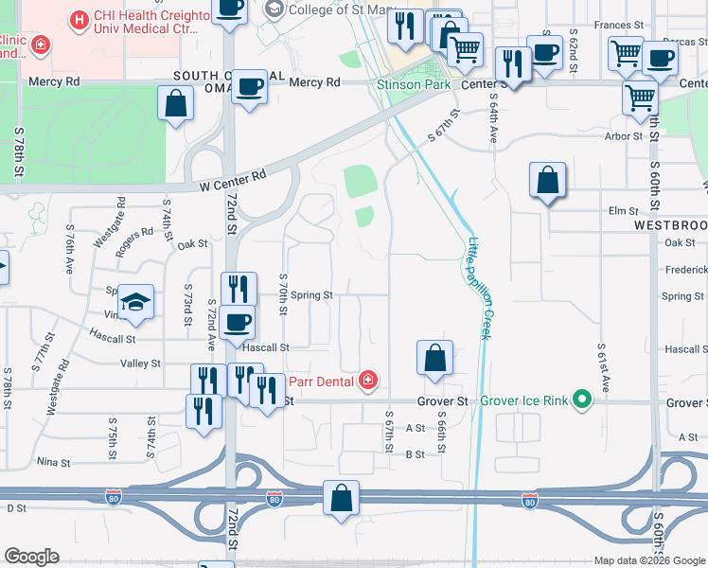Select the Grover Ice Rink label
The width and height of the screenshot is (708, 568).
click(x=523, y=400)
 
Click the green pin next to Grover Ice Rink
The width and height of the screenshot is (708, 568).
click(x=583, y=400)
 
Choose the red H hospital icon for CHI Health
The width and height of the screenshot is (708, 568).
click(x=79, y=18)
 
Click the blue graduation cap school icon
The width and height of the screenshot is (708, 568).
click(x=136, y=302)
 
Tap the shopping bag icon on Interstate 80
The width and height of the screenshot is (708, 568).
click(x=341, y=499)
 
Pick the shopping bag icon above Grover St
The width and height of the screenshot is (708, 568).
click(x=434, y=359)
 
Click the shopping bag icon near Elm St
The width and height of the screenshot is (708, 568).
click(x=548, y=180)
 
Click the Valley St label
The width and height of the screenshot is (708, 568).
click(x=140, y=364)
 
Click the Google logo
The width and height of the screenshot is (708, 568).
click(x=32, y=557)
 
